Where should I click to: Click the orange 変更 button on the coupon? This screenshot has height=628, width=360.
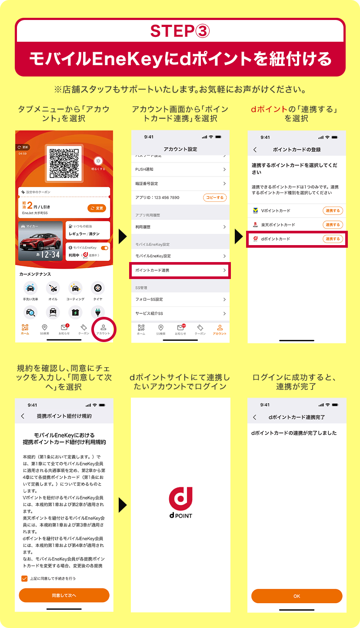tap(97, 208)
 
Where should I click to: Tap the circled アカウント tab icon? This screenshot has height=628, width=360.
tap(103, 329)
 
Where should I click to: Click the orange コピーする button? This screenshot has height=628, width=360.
tap(215, 198)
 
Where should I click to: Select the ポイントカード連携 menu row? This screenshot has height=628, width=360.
tap(180, 270)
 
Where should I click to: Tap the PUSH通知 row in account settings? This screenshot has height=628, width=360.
tap(180, 169)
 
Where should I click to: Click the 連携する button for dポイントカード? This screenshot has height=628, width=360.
tap(333, 239)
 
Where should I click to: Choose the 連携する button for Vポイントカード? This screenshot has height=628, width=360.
tap(333, 211)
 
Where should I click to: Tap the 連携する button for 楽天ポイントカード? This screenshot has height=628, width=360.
tap(333, 225)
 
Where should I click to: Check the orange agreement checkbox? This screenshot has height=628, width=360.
tap(24, 578)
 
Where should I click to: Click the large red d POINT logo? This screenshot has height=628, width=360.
tap(180, 500)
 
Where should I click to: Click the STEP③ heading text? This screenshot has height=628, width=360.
tap(180, 31)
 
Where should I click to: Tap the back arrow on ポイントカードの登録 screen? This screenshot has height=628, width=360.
tap(255, 150)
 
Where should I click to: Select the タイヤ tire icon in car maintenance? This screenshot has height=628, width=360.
tap(98, 288)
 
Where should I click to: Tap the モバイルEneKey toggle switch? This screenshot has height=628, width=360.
tap(104, 248)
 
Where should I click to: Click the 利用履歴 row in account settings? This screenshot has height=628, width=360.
tap(180, 227)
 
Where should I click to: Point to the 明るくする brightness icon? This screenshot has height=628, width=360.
tap(98, 161)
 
